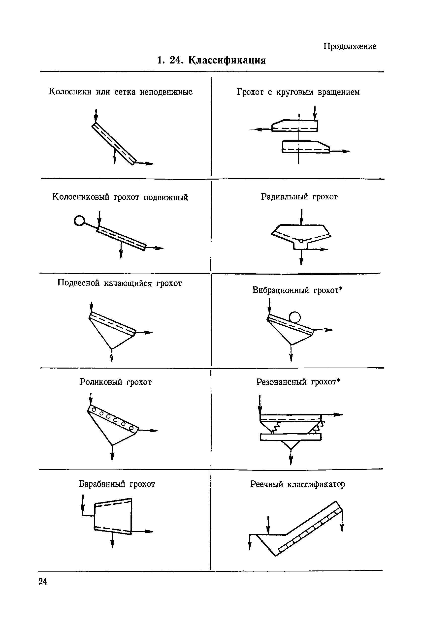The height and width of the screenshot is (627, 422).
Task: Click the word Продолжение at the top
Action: click(350, 46)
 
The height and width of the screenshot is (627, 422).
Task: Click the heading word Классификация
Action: click(227, 60)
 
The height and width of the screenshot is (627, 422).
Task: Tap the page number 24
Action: click(43, 582)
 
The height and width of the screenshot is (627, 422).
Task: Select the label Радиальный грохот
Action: click(299, 197)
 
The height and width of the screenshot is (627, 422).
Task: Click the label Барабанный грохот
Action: click(117, 484)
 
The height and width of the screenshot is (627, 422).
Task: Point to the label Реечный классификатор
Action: click(297, 484)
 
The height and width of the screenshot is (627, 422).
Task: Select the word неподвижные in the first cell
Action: click(166, 92)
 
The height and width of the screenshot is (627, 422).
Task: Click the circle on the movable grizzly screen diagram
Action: click(79, 221)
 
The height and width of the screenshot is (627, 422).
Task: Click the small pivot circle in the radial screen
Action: click(301, 241)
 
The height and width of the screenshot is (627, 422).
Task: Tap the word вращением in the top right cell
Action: click(339, 92)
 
